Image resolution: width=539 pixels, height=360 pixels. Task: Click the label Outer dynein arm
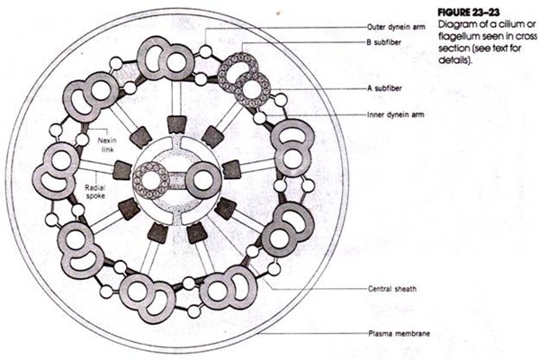tap(395, 27)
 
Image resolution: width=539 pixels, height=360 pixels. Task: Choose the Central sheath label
tap(392, 290)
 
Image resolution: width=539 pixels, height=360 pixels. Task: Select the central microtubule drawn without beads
tap(204, 179)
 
